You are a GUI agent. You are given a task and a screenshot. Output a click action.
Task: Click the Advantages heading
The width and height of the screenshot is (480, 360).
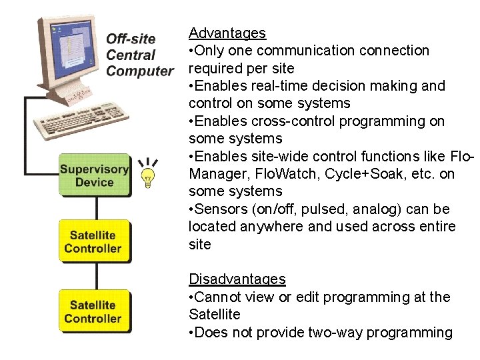tap(227, 33)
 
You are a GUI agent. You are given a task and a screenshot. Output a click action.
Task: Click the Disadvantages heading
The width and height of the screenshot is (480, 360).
tap(237, 279)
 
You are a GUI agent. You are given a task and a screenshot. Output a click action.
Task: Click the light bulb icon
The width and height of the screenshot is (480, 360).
tap(148, 176)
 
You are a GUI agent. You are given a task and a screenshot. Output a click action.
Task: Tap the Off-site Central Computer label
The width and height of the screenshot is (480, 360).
tap(139, 55)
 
